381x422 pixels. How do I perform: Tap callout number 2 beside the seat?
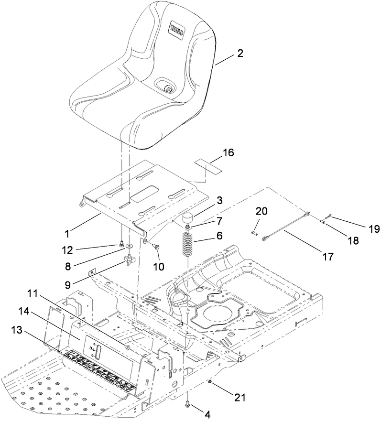pyautogui.click(x=239, y=54)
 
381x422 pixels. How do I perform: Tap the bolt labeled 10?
pyautogui.click(x=156, y=246)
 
